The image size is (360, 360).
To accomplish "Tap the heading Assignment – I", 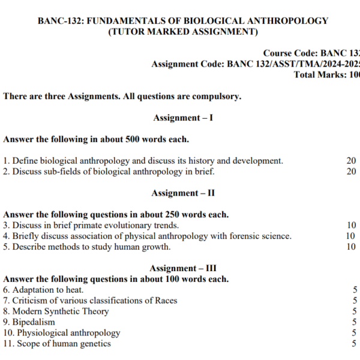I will pos(183,118).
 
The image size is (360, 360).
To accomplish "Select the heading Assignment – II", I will pos(183,193).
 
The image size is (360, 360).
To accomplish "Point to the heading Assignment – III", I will pos(183,268).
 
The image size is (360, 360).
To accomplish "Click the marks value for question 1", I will pos(351,161).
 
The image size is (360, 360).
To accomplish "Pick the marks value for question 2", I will pos(351,172).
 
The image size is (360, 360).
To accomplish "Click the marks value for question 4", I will pos(350,236).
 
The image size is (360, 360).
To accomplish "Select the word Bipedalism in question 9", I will pos(34,322).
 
